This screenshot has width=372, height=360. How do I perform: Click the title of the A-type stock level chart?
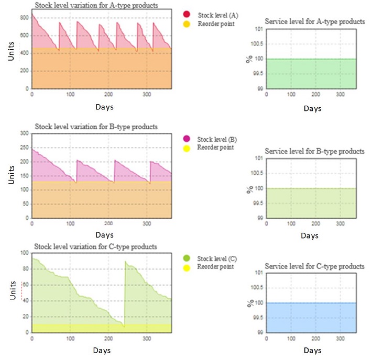[x=96, y=5]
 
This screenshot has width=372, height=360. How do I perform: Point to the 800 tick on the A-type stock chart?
[x=24, y=17]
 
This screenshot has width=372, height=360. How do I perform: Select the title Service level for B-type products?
[x=314, y=151]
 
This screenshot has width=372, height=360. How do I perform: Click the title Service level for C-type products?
[x=314, y=266]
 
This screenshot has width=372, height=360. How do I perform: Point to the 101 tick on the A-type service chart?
[x=258, y=29]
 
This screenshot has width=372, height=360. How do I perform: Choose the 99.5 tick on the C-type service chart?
[x=256, y=318]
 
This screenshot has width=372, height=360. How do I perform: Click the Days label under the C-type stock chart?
[x=102, y=349]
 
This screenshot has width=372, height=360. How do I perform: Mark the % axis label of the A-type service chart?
[x=249, y=59]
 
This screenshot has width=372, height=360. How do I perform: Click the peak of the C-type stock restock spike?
[x=125, y=261]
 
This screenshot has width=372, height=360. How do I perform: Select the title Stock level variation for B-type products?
[x=96, y=127]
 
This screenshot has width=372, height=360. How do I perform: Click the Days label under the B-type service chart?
[x=312, y=235]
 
